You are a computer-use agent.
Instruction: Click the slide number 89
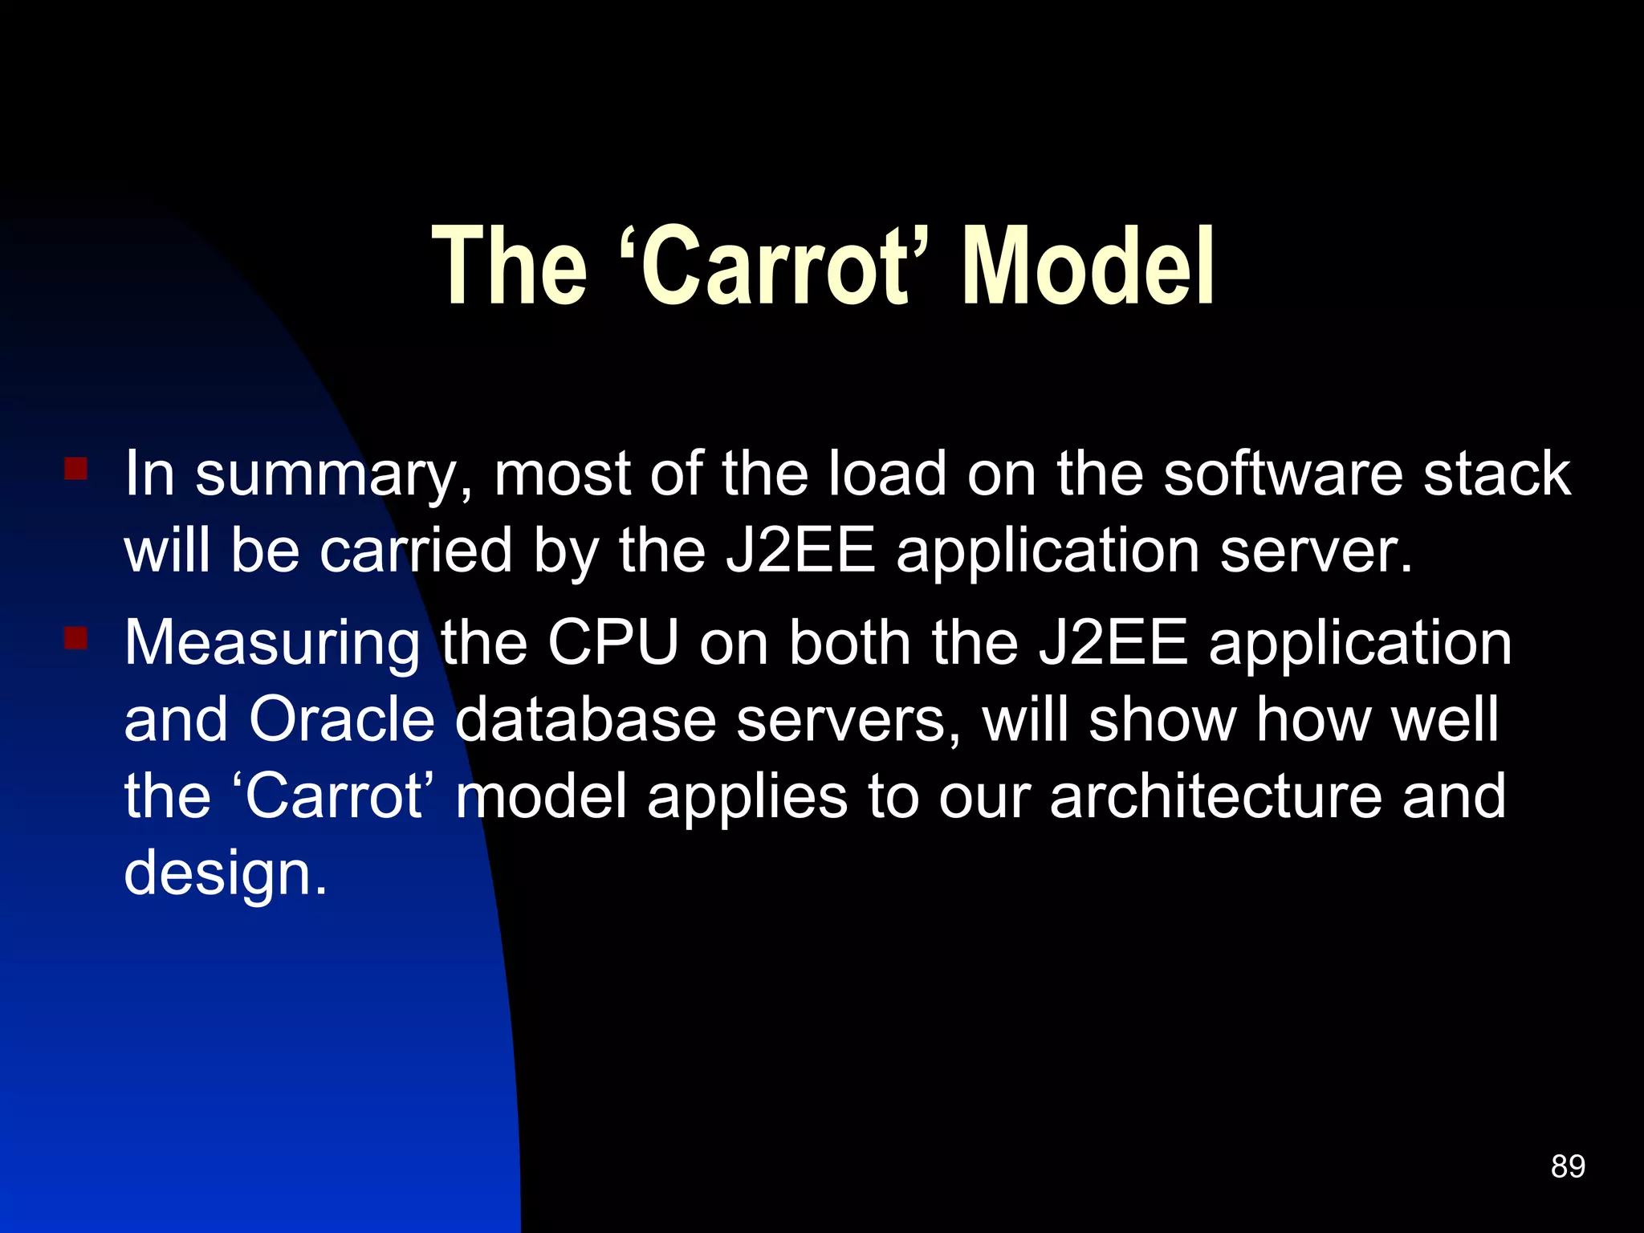[x=1568, y=1166]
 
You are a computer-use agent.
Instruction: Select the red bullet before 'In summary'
[x=76, y=468]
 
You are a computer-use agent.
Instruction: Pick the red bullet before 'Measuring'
[x=76, y=638]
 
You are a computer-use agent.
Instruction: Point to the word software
[x=1283, y=474]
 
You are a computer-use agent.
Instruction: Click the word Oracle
[x=341, y=719]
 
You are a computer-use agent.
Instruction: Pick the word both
[x=849, y=643]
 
